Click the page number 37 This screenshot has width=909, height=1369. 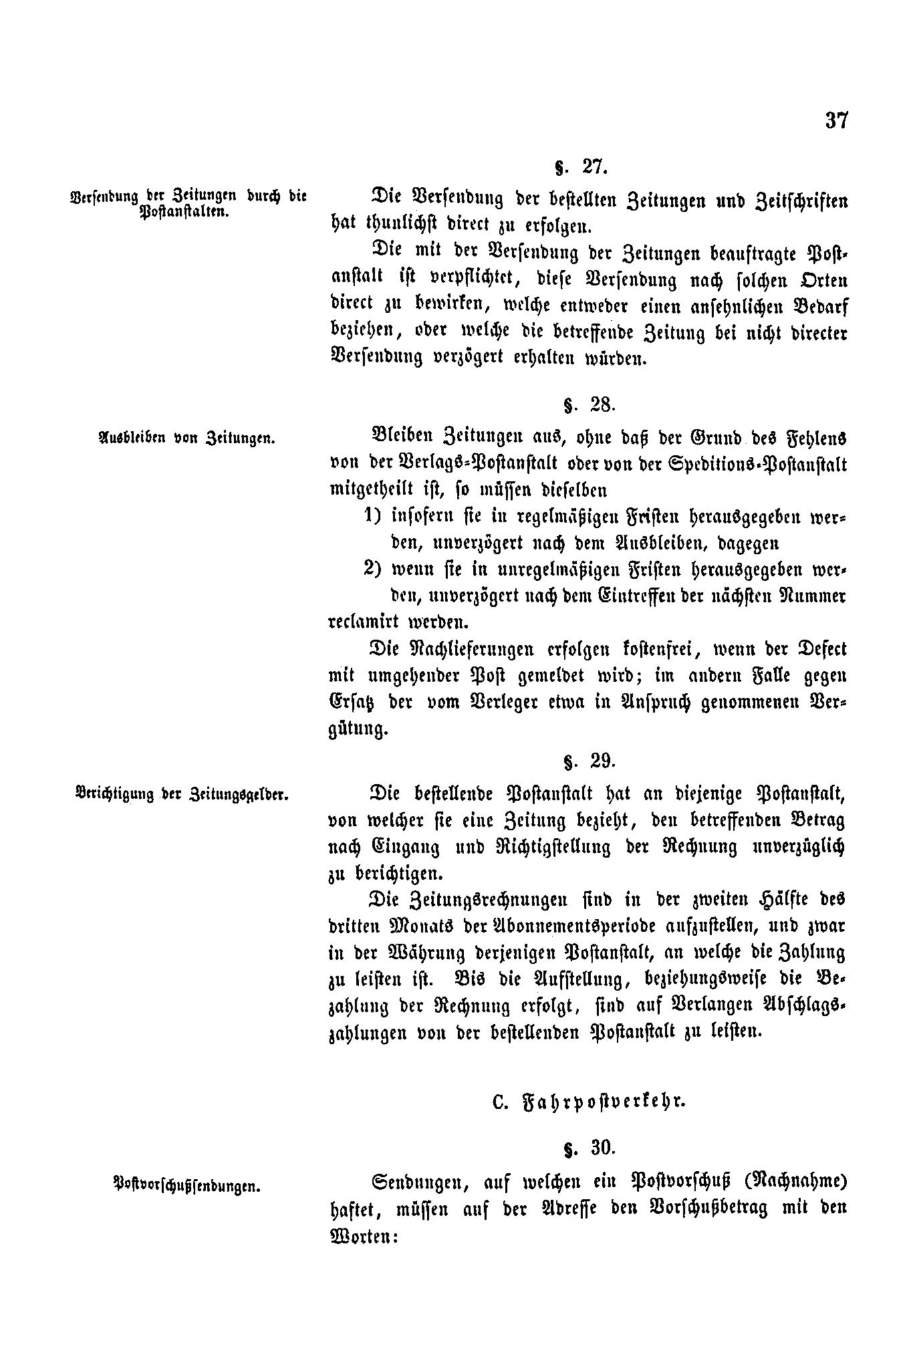(836, 121)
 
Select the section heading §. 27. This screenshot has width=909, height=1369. (581, 167)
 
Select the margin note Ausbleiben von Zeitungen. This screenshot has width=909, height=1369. (187, 439)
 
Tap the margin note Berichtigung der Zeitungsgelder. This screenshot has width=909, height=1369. (182, 795)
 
